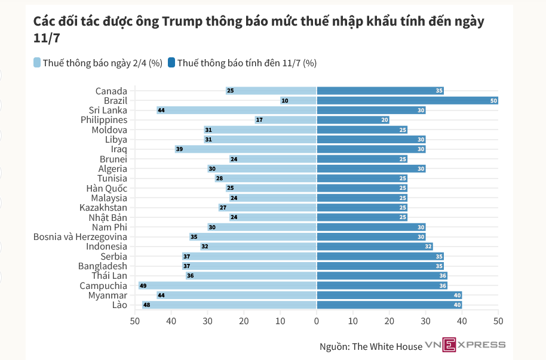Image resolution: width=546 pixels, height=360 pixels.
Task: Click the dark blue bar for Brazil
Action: click(406, 100)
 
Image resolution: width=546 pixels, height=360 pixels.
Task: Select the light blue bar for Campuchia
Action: click(227, 285)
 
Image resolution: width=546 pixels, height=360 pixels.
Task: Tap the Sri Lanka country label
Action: click(108, 110)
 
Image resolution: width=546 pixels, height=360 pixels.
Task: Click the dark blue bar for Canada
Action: click(380, 91)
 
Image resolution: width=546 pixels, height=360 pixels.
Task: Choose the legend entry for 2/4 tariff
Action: click(98, 63)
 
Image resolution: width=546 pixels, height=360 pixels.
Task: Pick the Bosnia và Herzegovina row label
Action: click(80, 236)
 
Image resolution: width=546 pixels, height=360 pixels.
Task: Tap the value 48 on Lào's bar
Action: click(146, 305)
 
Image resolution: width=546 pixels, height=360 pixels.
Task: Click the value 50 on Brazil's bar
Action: click(493, 101)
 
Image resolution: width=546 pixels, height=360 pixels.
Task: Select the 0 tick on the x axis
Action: click(317, 321)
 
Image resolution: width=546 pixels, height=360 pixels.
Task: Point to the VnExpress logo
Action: click(465, 344)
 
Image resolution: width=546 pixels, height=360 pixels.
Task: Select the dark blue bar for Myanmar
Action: click(389, 295)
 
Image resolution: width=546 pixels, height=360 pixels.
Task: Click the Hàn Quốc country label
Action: click(107, 188)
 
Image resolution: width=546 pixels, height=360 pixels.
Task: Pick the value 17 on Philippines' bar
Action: click(259, 120)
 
